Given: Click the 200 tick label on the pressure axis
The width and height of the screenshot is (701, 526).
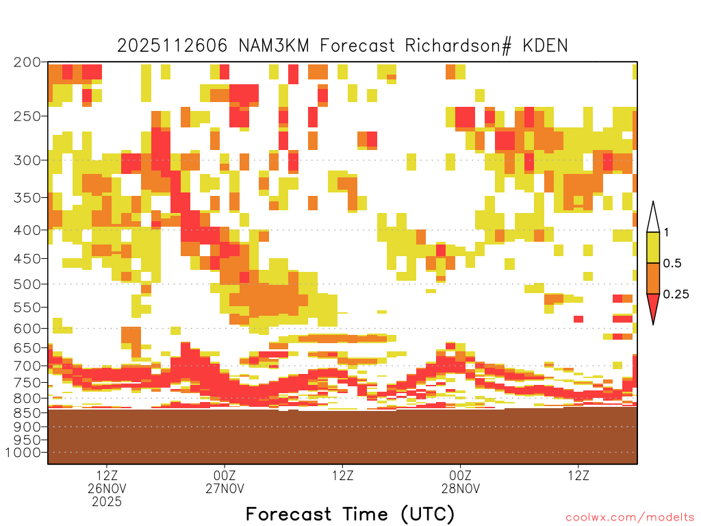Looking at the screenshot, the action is click(27, 62).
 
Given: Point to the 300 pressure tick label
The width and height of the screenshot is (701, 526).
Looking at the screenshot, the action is click(27, 160).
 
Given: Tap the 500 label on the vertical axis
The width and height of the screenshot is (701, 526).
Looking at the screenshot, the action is click(27, 284).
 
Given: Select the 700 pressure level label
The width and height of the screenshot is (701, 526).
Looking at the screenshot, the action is click(27, 366).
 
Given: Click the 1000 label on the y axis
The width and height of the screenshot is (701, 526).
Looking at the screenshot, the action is click(23, 453).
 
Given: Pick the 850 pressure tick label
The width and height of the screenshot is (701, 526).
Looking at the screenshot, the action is click(27, 412).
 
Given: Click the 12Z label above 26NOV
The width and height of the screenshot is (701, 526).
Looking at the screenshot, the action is click(106, 475).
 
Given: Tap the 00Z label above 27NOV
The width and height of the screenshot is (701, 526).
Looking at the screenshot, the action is click(225, 475).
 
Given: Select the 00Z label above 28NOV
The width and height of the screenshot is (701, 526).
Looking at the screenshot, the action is click(461, 475).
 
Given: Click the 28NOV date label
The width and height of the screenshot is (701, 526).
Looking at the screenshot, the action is click(461, 488).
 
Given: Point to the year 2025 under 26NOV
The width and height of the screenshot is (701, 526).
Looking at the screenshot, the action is click(107, 502).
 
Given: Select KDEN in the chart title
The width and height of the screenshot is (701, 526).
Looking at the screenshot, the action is click(545, 46).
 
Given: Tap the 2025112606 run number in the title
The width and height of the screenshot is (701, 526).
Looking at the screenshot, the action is click(172, 46).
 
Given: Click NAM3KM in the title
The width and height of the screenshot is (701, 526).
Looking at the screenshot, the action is click(274, 46).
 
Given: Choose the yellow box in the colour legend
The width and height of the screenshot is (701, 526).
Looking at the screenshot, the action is click(653, 247).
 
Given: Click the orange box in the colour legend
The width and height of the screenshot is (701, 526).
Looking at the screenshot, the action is click(653, 278).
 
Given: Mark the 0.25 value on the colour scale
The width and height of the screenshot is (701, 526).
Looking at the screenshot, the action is click(676, 295).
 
